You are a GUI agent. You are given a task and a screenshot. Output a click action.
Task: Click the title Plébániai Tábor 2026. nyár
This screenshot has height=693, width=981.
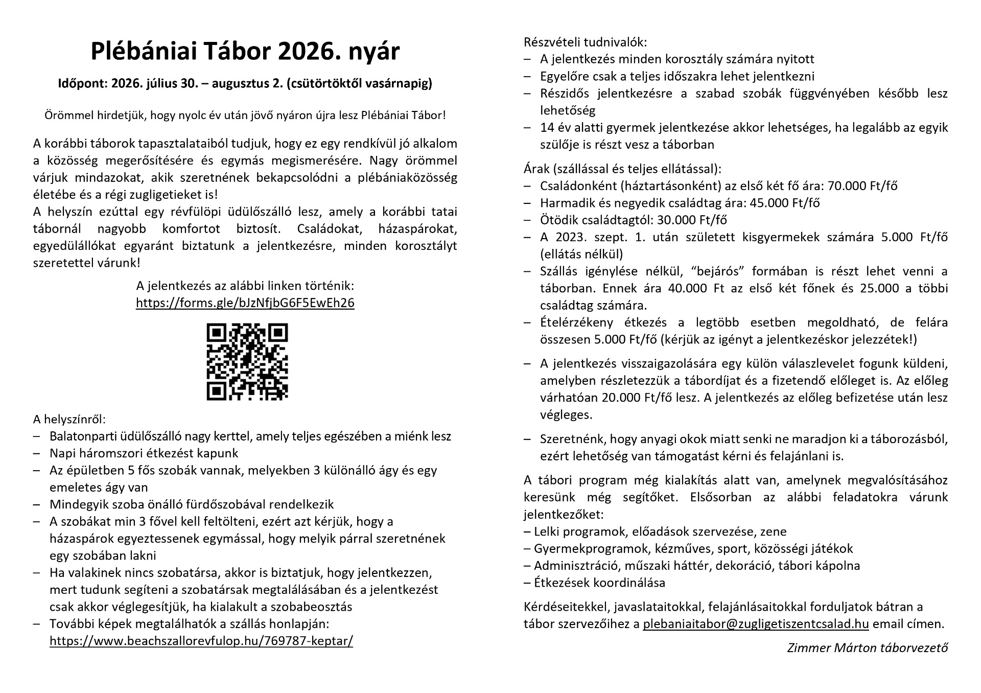pos(245,52)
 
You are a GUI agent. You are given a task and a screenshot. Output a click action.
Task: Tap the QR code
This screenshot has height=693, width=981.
pos(247,361)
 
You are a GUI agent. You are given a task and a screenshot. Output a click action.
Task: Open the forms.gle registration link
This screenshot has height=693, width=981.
pos(245,303)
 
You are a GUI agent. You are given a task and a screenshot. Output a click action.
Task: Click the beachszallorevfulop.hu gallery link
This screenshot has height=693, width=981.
pos(201,641)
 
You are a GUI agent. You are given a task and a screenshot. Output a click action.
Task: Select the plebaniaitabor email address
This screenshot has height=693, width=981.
pos(756,624)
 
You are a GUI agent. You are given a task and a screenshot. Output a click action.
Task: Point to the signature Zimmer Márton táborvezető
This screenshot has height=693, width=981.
pos(867,648)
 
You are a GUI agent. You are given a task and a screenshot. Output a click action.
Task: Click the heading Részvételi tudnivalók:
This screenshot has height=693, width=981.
pos(585,42)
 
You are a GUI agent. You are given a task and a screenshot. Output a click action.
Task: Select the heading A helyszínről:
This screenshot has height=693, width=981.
pos(69,420)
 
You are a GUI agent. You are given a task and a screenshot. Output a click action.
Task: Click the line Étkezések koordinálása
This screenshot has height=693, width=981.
pos(599,583)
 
